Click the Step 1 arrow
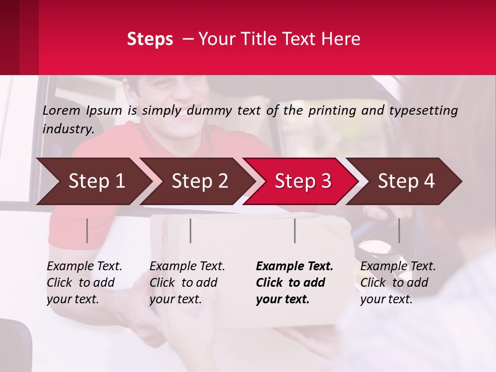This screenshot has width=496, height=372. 93,181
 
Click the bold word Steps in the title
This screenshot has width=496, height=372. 150,39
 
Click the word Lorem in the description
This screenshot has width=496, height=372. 61,110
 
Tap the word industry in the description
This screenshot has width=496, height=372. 68,129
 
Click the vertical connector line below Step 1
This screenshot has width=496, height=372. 87,230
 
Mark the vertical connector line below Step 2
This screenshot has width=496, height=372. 191,230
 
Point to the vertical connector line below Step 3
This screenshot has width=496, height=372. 295,230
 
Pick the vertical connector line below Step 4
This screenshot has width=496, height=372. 399,230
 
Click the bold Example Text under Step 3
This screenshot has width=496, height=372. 295,266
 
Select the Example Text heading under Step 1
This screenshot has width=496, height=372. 84,266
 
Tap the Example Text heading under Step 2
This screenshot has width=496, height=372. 187,266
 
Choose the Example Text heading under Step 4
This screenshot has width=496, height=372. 398,266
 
